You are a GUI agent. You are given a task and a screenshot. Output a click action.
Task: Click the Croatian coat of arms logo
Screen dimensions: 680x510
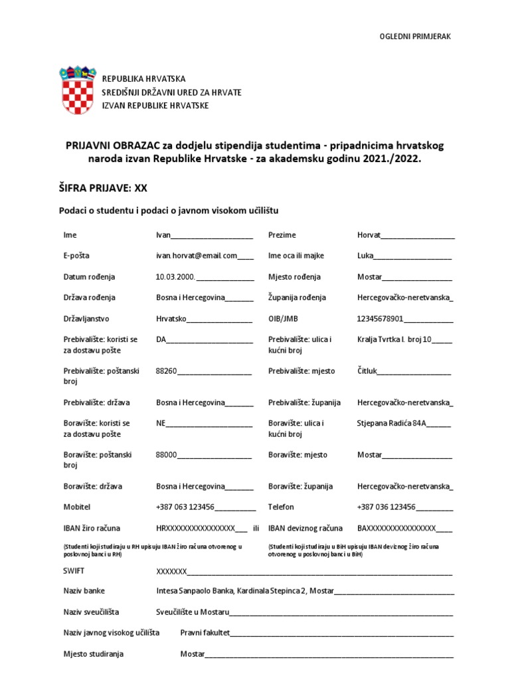point(78,90)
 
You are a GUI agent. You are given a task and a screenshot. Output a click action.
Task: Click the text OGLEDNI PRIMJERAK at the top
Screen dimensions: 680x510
point(414,37)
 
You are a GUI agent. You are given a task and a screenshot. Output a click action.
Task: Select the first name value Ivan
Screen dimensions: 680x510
point(163,235)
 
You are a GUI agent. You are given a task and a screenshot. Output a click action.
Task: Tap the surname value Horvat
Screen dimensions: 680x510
point(369,235)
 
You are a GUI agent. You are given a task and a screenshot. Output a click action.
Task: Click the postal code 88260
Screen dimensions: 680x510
point(166,371)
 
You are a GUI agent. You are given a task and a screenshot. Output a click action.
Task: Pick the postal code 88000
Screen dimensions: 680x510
point(166,455)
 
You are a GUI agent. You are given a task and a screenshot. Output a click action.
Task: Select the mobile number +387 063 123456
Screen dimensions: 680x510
point(185,507)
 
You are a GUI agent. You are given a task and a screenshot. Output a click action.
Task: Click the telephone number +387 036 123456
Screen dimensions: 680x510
point(386,507)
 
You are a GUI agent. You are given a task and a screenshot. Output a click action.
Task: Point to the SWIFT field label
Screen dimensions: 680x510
point(74,570)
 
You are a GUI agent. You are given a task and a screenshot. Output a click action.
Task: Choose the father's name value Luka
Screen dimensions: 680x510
point(365,256)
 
